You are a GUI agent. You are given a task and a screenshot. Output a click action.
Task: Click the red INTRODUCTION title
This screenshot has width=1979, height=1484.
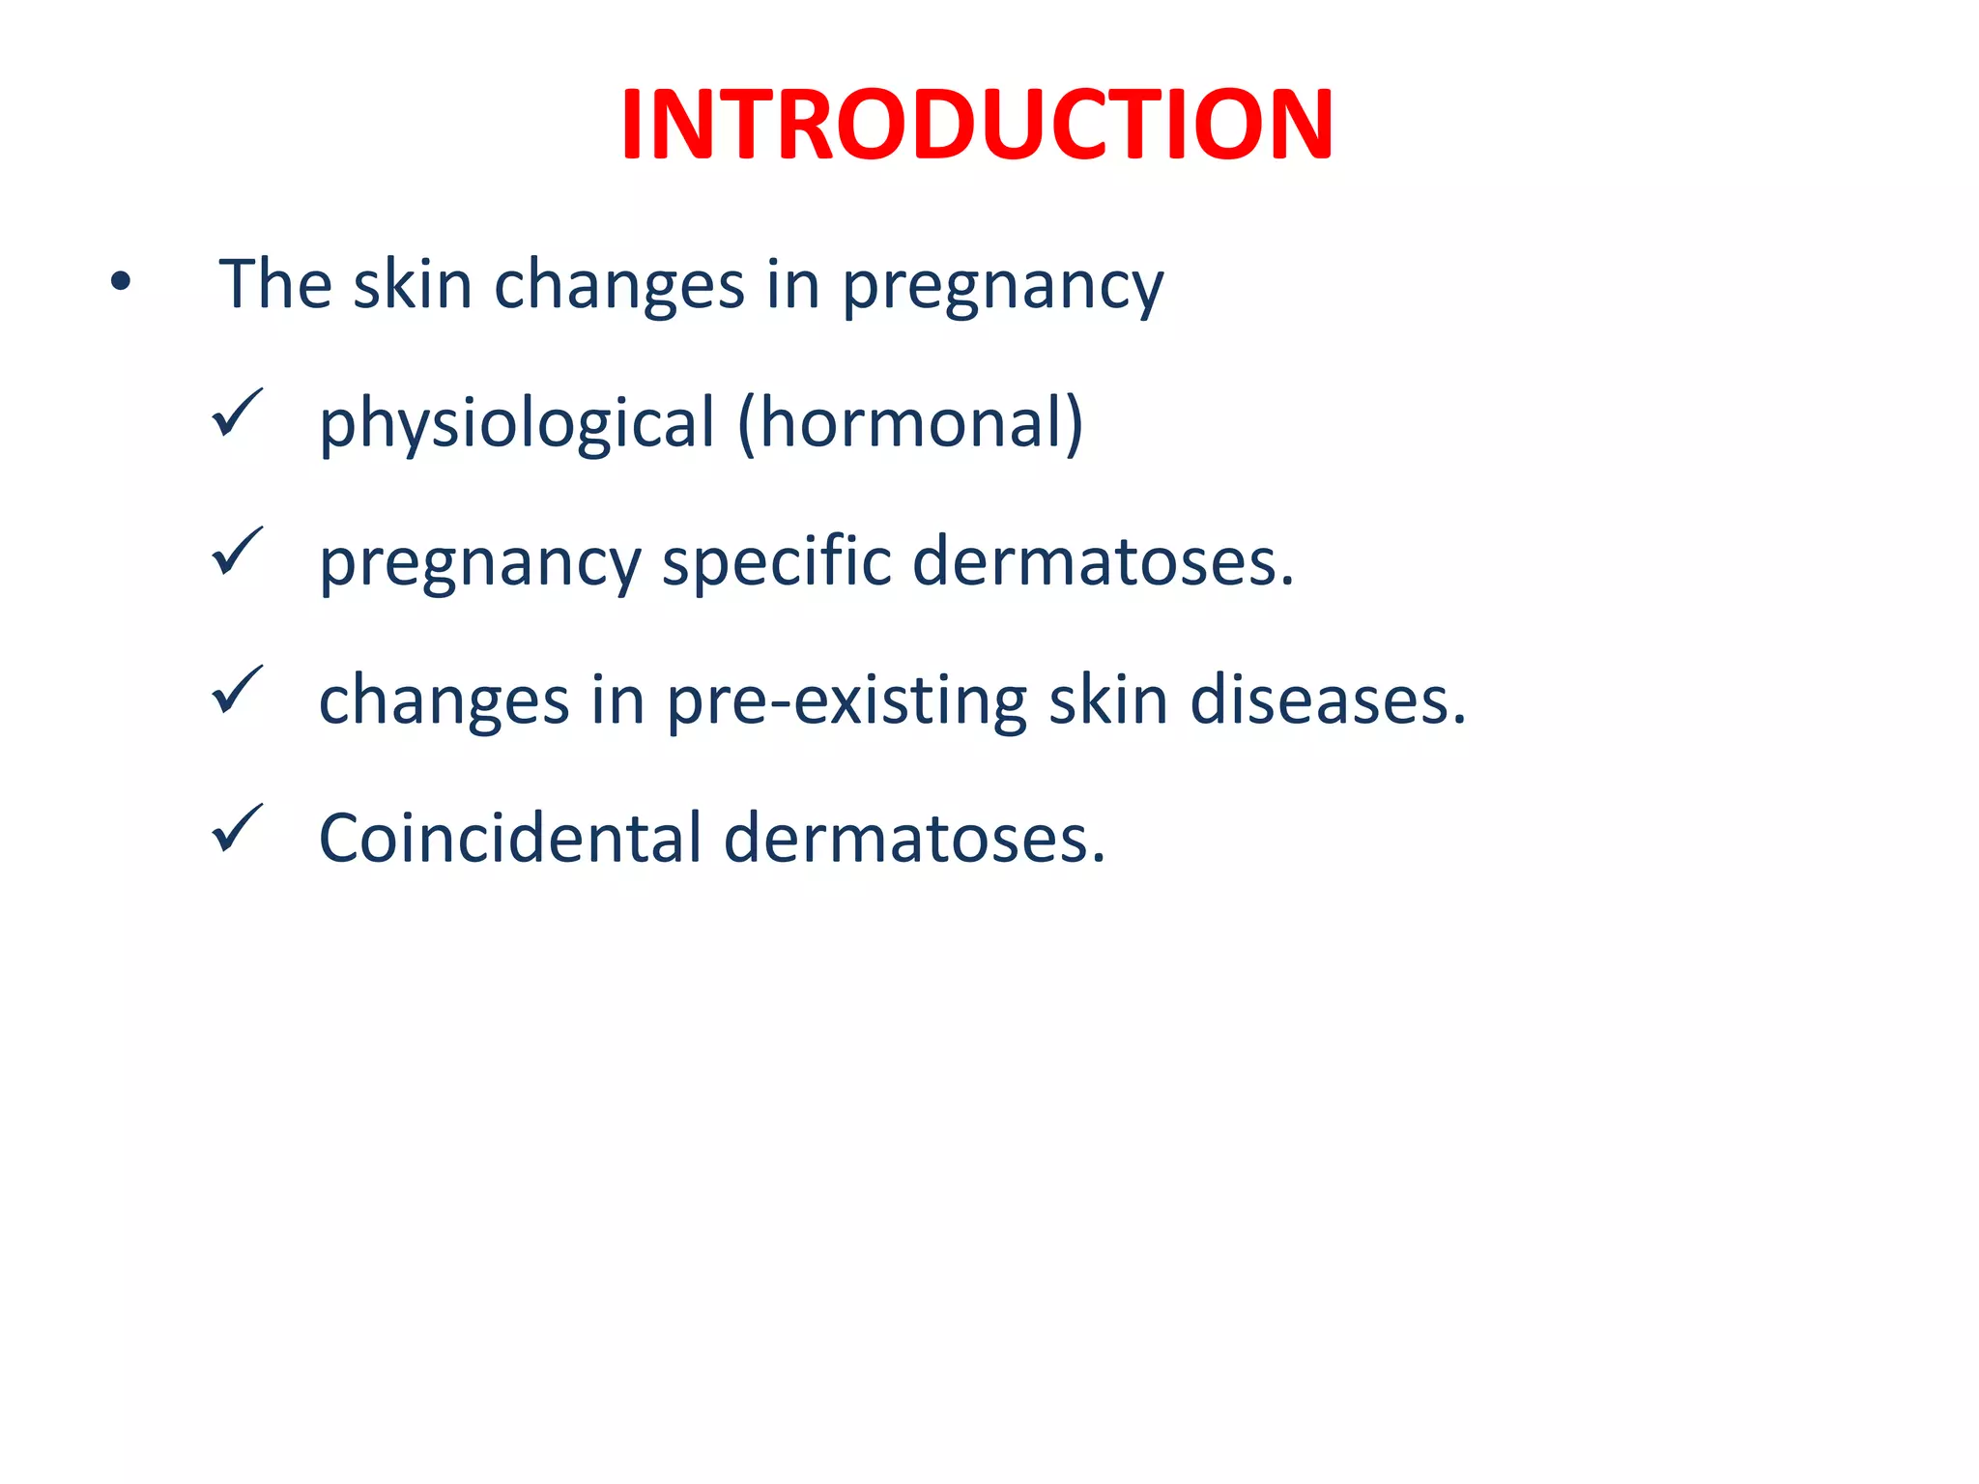tap(977, 126)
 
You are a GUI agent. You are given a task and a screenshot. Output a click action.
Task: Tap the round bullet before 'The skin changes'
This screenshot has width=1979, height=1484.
tap(120, 283)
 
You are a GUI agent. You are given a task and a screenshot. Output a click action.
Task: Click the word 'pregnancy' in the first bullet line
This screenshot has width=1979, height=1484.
tap(1003, 287)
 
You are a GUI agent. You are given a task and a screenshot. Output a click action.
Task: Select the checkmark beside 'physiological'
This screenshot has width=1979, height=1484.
tap(237, 414)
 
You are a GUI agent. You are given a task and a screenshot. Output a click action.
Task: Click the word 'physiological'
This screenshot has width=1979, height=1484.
tap(517, 425)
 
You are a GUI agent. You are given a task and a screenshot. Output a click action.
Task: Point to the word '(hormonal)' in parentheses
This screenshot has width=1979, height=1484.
tap(910, 423)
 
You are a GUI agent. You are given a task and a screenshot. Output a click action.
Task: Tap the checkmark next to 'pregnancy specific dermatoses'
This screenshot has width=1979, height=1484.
tap(237, 552)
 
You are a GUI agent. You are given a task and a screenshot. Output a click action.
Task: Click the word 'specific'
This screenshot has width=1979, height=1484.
tap(776, 563)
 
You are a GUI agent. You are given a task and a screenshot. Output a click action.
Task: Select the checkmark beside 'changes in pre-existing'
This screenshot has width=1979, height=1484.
tap(237, 690)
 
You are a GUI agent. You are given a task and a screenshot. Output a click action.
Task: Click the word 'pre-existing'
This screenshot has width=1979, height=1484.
tap(846, 701)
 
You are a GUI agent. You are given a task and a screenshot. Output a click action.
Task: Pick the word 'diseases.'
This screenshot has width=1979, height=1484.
tap(1329, 699)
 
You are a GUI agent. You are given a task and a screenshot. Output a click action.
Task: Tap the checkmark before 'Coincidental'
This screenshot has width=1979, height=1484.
tap(237, 828)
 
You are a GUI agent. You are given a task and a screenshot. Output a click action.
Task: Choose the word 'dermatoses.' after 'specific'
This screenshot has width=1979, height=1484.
tap(1103, 561)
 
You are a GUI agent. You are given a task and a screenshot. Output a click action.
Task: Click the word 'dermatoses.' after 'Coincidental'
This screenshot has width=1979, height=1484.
tap(914, 838)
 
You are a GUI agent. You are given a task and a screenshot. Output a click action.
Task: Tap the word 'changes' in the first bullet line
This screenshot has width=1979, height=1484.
tap(619, 287)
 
